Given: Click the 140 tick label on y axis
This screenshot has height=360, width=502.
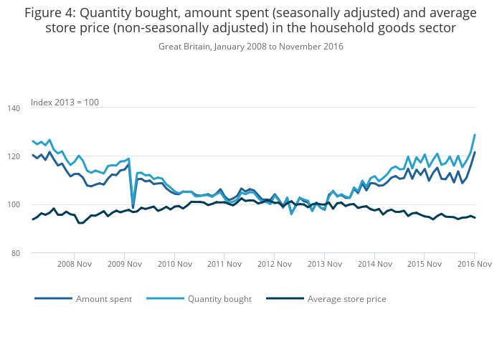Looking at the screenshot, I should click(22, 108).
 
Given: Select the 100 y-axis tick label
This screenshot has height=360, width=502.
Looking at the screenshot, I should click(22, 205).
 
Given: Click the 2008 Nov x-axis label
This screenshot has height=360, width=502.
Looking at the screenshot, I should click(75, 264).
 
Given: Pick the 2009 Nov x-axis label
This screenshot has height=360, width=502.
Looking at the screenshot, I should click(124, 264).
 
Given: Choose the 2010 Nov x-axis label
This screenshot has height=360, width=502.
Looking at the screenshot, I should click(174, 264).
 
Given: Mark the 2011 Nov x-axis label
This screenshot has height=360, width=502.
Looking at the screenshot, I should click(224, 264).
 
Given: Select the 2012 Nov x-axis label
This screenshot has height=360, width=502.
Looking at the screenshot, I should click(274, 264).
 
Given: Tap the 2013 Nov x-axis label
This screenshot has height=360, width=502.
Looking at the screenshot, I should click(323, 264).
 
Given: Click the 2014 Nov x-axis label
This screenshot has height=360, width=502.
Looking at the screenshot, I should click(374, 264).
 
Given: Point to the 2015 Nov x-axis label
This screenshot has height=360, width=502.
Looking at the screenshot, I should click(424, 264).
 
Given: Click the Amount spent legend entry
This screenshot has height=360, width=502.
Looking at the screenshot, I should click(103, 299).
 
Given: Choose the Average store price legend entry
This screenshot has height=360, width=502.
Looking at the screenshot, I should click(346, 299).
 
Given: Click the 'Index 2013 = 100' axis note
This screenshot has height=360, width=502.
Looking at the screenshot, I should click(65, 103).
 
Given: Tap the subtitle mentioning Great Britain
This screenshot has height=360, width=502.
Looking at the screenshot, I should click(250, 47).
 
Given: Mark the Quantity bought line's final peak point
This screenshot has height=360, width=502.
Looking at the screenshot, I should click(475, 135).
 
